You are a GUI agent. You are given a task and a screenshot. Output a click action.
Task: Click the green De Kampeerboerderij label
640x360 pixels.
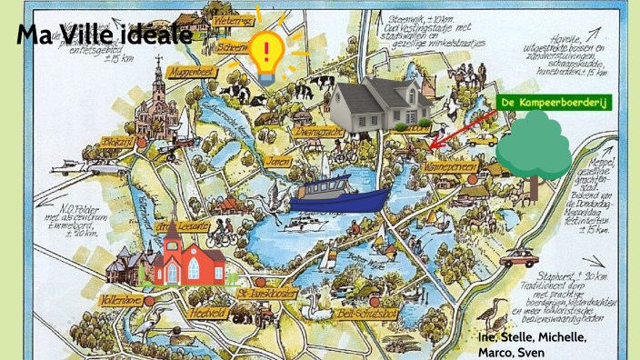click(x=555, y=103)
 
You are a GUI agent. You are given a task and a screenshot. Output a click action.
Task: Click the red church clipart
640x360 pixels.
click(x=188, y=257)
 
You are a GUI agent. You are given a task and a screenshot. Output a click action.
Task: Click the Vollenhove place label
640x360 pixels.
click(x=124, y=296)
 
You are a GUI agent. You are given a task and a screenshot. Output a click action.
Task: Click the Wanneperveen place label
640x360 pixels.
click(x=445, y=167)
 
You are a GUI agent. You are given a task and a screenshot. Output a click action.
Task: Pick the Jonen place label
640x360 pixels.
click(x=278, y=161)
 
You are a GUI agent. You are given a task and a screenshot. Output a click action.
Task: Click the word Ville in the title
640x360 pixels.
click(x=105, y=35)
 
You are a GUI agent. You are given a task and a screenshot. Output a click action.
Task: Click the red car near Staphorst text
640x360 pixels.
click(x=518, y=257)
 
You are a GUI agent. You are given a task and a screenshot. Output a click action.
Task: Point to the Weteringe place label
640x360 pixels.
click(x=232, y=20)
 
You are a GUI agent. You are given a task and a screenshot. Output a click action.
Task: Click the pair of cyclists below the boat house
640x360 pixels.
click(x=221, y=238)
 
